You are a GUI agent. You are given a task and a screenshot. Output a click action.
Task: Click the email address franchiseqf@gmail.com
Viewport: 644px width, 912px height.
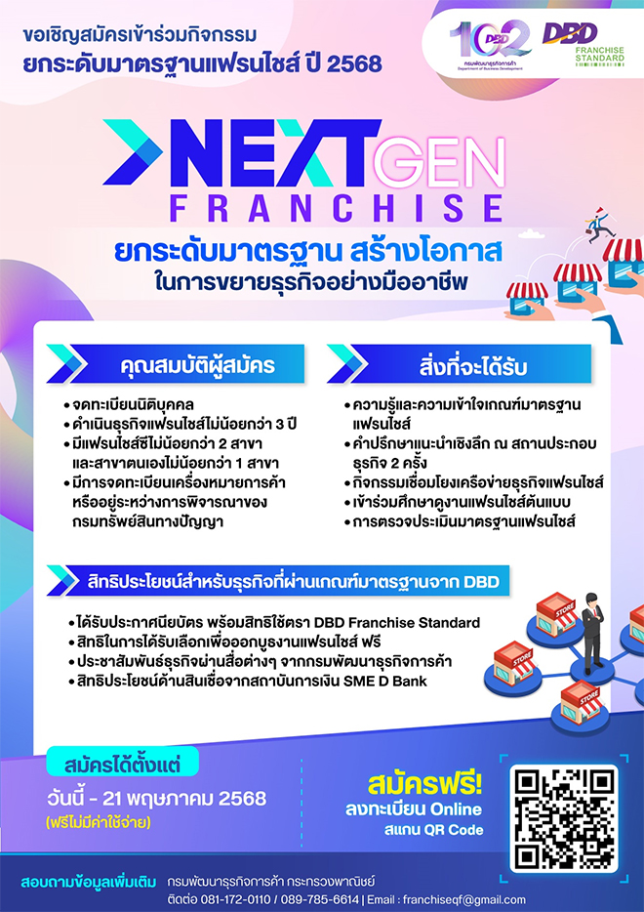point(463,899)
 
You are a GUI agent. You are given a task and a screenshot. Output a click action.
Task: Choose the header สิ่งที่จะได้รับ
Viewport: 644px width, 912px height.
point(472,365)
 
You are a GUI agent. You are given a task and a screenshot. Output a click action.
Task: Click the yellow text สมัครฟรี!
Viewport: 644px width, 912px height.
point(425,785)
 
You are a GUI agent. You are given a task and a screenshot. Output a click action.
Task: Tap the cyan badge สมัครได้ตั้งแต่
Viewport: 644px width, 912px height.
point(122,763)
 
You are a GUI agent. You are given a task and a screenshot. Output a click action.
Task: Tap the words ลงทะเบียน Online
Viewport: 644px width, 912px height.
point(414,809)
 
